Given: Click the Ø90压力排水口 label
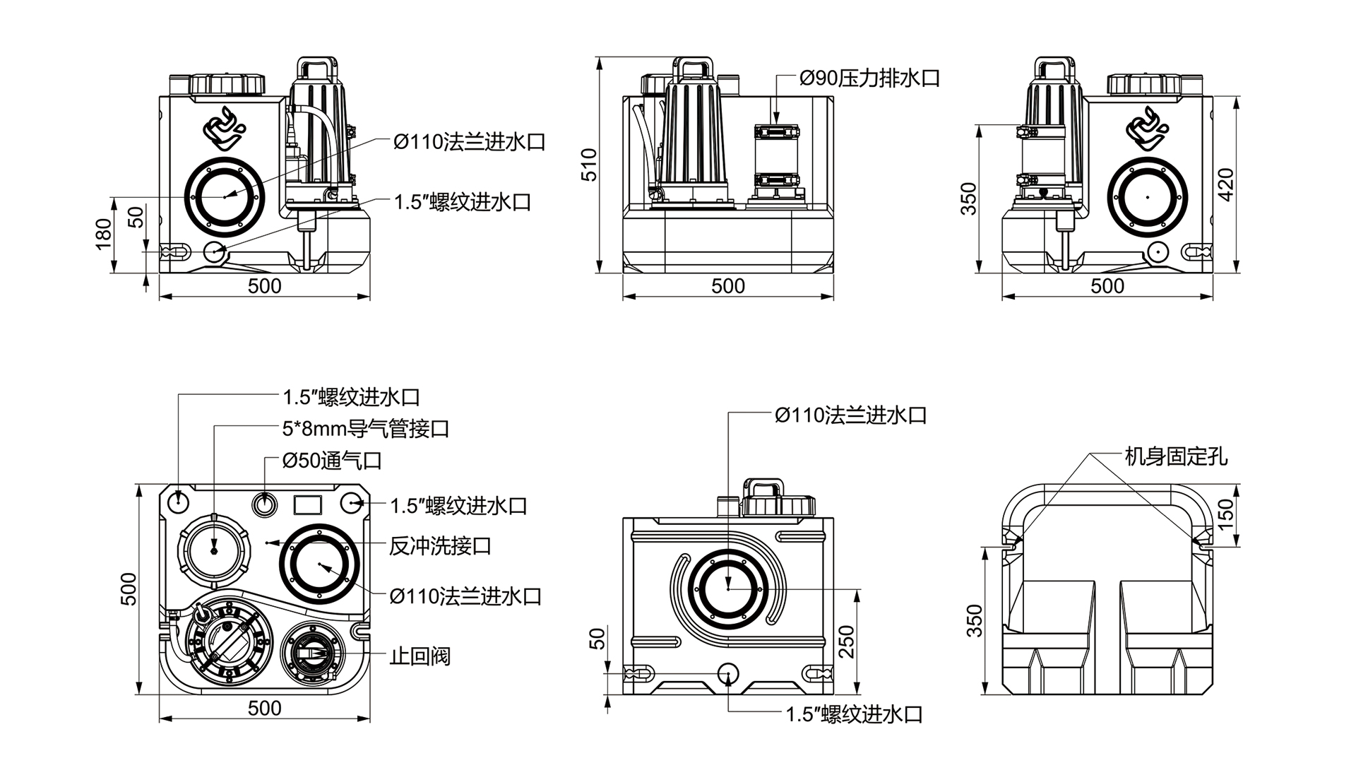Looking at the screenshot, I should [869, 78].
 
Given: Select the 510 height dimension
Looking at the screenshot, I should [590, 165].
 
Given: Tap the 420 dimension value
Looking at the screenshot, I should [1227, 184].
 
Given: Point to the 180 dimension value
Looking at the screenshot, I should [104, 234].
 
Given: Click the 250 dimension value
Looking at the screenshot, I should [847, 641].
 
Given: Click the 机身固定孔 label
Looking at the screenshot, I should [1176, 457].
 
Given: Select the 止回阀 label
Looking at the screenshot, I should [420, 656].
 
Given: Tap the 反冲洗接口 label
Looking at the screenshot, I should [440, 546].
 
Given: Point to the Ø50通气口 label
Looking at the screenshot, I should [332, 461].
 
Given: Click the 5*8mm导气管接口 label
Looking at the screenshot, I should [366, 429].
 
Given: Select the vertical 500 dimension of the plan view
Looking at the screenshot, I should [129, 588].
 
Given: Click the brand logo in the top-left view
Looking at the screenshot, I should [224, 129].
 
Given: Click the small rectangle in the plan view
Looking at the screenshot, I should [307, 504].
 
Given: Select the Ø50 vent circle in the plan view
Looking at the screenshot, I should [265, 504].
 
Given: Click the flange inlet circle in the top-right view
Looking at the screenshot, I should [1148, 196].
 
